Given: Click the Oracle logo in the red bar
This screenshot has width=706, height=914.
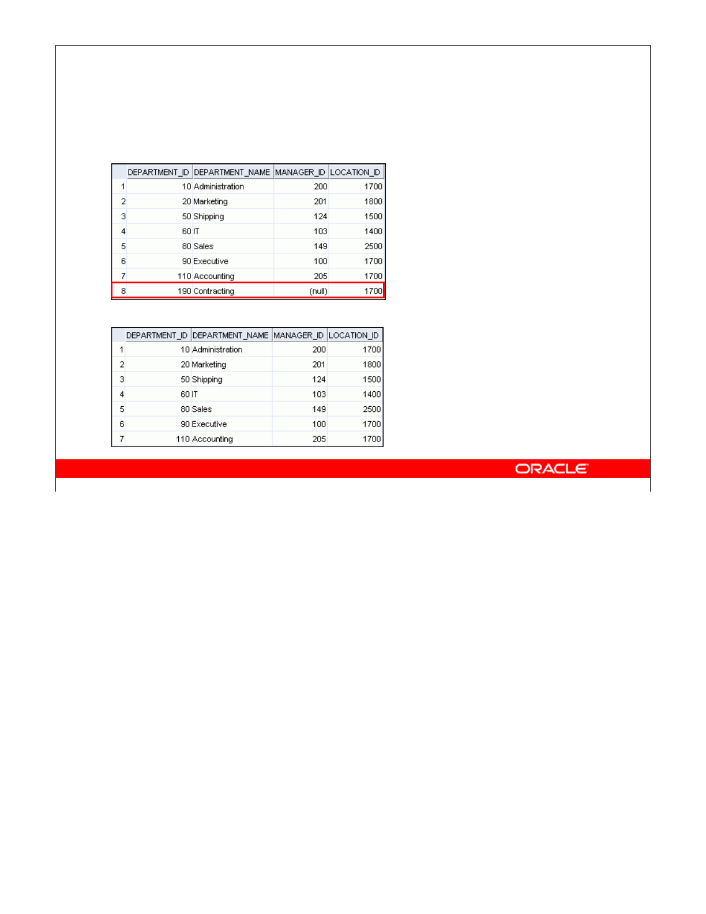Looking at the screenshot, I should point(551,469).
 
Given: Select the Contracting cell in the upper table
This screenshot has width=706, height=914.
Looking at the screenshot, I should point(214,291).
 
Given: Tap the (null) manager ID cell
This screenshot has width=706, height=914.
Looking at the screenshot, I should point(318,291).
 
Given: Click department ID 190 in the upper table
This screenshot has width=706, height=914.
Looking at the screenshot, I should point(184,291).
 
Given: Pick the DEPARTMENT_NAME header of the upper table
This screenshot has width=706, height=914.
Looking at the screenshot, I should point(232,173).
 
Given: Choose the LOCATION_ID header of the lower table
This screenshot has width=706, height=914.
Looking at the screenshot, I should point(354,336).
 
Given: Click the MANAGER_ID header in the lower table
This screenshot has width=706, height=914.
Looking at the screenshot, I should point(298,336).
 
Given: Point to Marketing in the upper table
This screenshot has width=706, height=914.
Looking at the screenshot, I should point(211,201).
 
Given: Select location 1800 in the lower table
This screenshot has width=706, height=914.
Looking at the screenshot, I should point(371,365).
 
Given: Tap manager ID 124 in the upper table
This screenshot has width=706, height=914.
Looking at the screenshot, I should point(320,216).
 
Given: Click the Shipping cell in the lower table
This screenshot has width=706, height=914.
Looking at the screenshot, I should point(207,380).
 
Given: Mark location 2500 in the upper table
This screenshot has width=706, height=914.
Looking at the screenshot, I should point(373,246).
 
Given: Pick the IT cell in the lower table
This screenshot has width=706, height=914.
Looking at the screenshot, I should point(195,395).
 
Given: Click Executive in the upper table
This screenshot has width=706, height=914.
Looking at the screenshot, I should point(211,261).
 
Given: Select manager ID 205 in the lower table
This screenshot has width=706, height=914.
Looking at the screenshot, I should point(319,439).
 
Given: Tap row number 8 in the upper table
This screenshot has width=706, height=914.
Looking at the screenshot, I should point(123,291).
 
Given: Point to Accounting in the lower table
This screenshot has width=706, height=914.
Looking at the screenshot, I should point(212,439).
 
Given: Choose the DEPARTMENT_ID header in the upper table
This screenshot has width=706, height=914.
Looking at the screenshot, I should point(158,173).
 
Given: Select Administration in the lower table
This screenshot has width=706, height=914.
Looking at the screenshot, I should point(217,350).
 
